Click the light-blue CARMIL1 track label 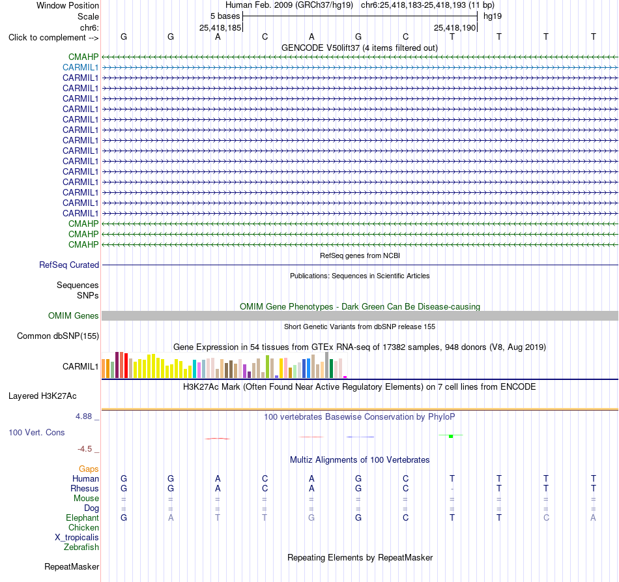click(81, 68)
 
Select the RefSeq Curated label click(69, 265)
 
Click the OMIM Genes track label click(74, 316)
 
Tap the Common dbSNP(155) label click(58, 336)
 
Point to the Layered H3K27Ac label click(42, 396)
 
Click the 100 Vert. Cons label click(36, 432)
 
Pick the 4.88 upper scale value click(83, 416)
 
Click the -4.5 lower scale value click(85, 449)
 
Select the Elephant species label click(83, 517)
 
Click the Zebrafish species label click(81, 547)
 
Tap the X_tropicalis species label click(77, 538)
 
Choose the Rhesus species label click(85, 488)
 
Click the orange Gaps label click(89, 469)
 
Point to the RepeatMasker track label click(72, 566)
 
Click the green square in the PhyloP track click(451, 436)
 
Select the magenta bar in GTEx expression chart click(345, 377)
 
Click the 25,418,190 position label click(454, 27)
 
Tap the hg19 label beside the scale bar click(493, 16)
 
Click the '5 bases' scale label click(225, 16)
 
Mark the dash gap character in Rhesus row click(452, 489)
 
